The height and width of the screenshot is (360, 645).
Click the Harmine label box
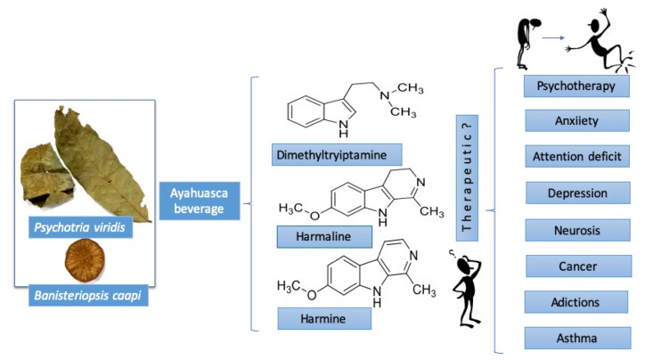[x=311, y=318]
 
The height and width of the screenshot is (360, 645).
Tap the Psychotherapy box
[x=576, y=86]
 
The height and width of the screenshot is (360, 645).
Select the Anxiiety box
[x=577, y=120]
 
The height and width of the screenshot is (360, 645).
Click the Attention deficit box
[x=577, y=156]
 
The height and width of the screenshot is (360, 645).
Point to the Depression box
[x=577, y=192]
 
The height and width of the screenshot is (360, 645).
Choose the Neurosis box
[x=577, y=229]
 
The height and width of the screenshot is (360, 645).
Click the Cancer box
[x=577, y=266]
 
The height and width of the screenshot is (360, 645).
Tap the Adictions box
[x=577, y=301]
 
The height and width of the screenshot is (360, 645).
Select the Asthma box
[x=577, y=338]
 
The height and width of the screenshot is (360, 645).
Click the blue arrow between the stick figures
[x=555, y=38]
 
